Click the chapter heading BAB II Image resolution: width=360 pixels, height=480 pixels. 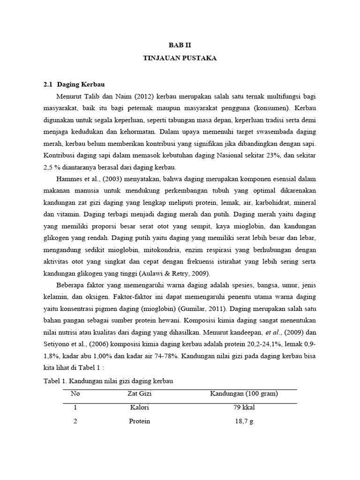tap(180, 45)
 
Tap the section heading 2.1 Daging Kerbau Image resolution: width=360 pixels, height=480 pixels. tap(74, 84)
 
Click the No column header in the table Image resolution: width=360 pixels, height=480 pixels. tap(75, 394)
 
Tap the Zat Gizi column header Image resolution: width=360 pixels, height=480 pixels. tap(139, 394)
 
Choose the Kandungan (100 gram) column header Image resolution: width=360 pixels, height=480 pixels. tap(244, 394)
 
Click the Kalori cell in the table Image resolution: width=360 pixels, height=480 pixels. tap(139, 407)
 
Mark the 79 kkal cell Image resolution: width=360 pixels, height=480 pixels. tap(244, 407)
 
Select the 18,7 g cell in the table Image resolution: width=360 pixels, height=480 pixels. tap(244, 421)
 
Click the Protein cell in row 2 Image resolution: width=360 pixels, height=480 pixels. tap(139, 421)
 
